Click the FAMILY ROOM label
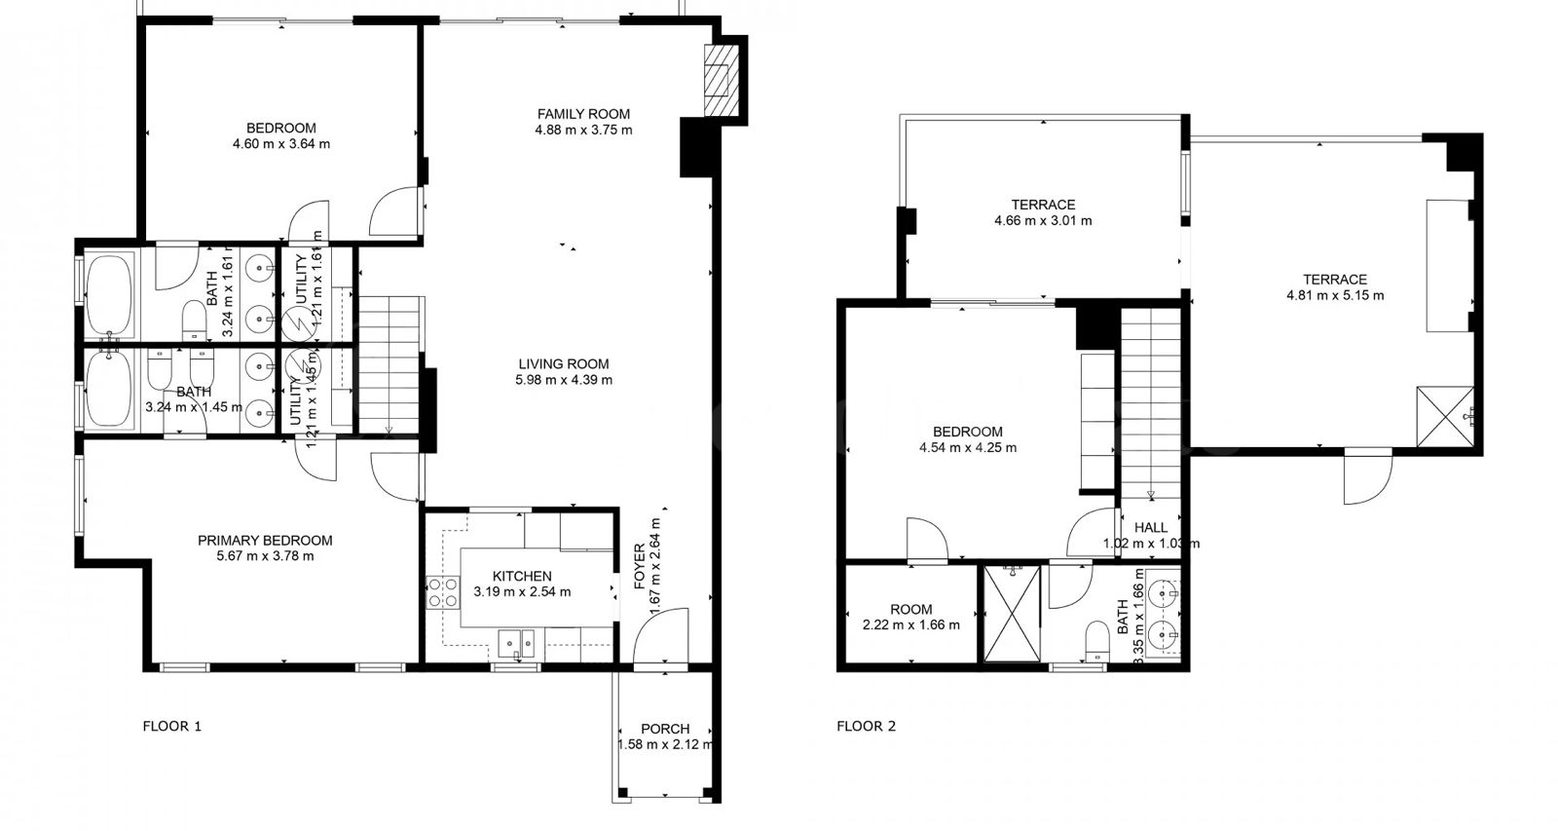583,114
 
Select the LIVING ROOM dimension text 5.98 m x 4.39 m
563,380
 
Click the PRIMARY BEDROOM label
265,541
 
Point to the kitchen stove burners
443,592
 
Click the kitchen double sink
516,642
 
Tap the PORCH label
665,729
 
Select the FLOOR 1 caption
171,726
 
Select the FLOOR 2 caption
866,726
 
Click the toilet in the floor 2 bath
1096,640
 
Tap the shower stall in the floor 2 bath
1011,614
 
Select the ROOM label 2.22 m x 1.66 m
910,609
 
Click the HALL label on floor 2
1150,528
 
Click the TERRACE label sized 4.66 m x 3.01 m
1042,205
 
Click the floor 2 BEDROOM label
967,432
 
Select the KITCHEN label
522,577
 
